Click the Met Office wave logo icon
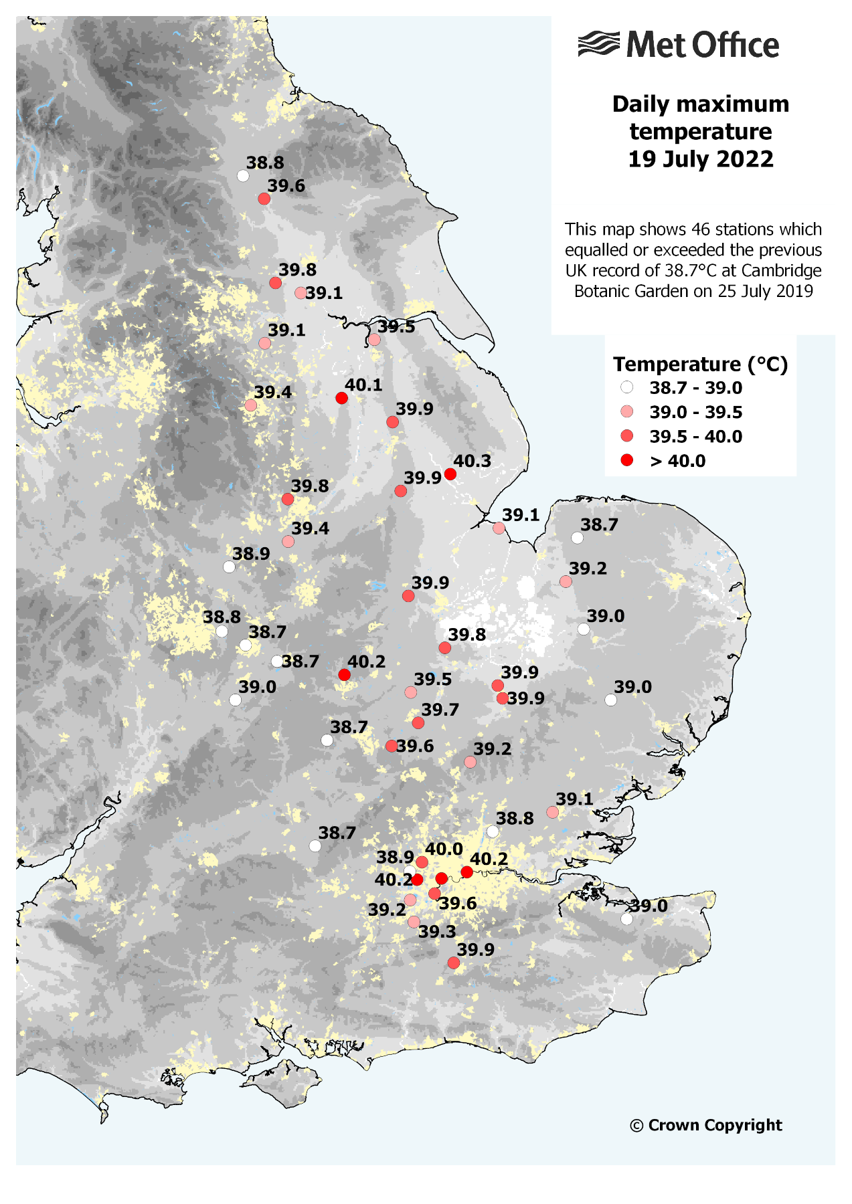[598, 44]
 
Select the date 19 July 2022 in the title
[700, 159]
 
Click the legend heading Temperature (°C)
[700, 364]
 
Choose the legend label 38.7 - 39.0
[695, 388]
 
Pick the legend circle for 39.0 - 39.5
[627, 412]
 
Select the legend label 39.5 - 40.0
[695, 437]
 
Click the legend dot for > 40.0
[627, 460]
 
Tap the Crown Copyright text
[706, 1125]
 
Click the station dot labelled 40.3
[450, 474]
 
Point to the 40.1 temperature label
[363, 385]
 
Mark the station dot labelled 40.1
[341, 398]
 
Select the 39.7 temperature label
[440, 710]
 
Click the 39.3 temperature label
[437, 932]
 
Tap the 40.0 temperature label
[444, 849]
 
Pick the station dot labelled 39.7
[418, 722]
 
